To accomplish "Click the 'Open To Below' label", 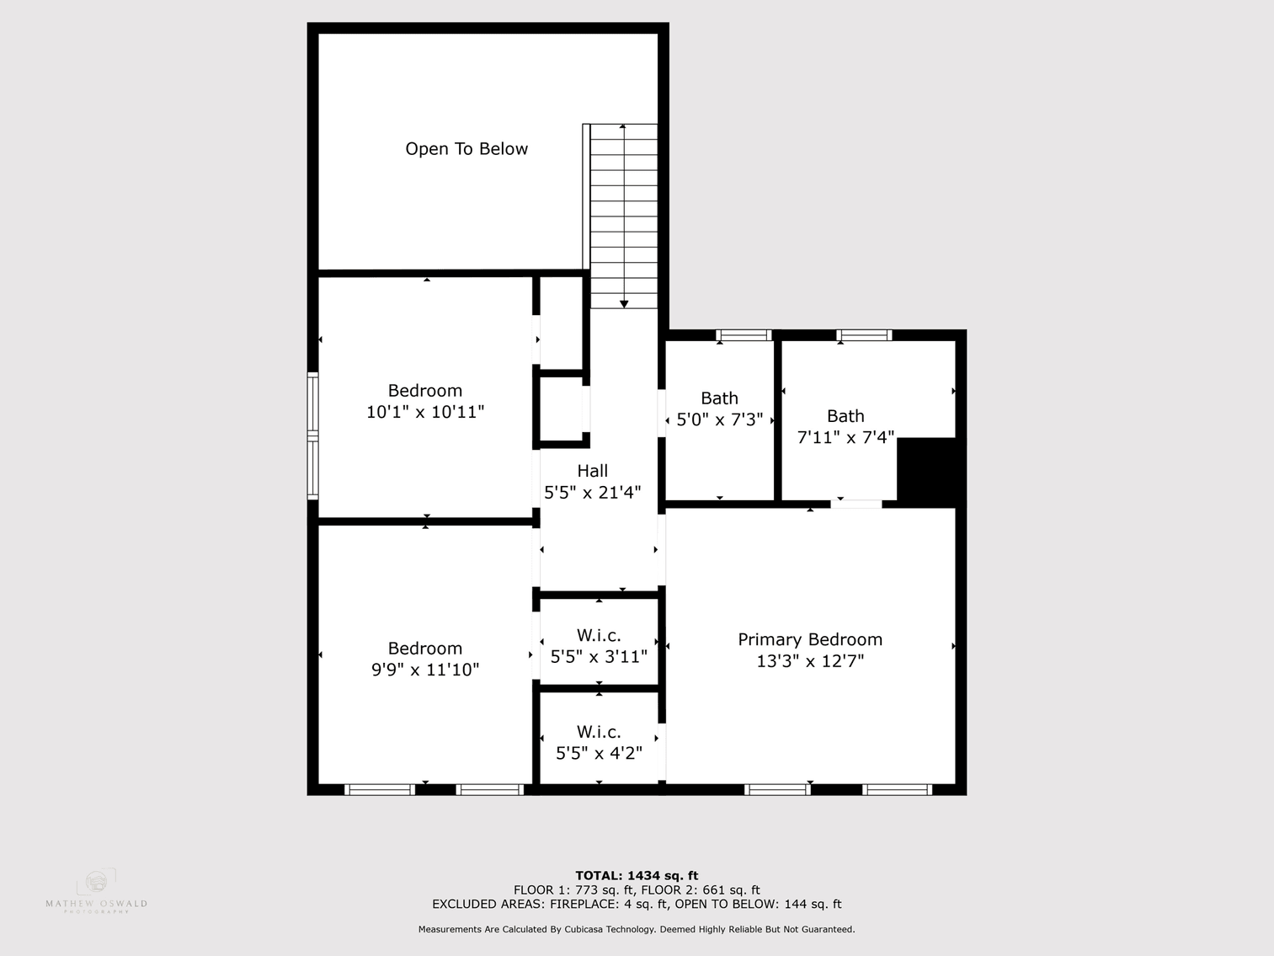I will [x=466, y=149].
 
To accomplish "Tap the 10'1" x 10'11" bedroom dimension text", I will [x=425, y=412].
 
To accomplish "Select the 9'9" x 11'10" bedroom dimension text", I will [x=425, y=670].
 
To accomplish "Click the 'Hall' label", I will [x=593, y=471].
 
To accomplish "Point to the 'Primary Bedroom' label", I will [x=810, y=639].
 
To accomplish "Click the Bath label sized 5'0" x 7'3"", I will [x=719, y=398].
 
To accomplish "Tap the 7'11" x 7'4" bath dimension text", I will [x=845, y=437].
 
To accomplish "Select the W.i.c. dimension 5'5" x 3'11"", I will [x=599, y=656].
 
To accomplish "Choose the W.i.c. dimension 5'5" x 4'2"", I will [x=599, y=753].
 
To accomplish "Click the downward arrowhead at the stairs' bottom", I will [x=624, y=304].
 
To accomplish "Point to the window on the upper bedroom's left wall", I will [x=312, y=435].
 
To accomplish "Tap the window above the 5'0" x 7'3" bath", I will [x=744, y=335].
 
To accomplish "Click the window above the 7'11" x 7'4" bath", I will [x=864, y=335].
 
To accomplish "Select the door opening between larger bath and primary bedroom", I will [x=856, y=504].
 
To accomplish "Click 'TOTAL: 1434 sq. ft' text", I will [x=637, y=875].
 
